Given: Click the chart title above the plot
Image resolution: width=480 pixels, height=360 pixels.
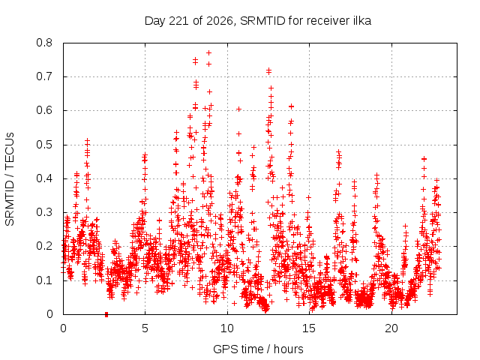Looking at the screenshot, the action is click(x=258, y=21).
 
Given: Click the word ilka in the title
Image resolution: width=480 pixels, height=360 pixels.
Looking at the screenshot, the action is click(x=362, y=20).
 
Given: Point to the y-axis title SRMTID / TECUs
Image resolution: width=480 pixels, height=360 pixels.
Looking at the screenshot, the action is click(x=10, y=179).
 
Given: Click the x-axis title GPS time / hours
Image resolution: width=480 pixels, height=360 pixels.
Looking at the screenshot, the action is click(x=258, y=349).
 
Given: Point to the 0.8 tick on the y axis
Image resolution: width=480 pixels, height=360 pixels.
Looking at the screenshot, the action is click(x=44, y=43).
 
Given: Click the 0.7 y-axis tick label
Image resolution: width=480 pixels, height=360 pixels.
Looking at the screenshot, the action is click(x=44, y=76).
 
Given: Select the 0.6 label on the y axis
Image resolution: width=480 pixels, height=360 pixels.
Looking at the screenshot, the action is click(x=44, y=110).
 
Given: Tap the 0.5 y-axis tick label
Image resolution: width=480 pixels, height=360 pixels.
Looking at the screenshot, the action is click(x=44, y=145).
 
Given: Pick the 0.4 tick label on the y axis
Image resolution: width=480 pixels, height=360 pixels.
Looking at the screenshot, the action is click(x=44, y=178).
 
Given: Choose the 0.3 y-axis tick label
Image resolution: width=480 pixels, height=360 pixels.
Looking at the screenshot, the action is click(x=44, y=212).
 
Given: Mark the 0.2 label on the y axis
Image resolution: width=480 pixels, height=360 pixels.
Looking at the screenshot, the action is click(x=44, y=246).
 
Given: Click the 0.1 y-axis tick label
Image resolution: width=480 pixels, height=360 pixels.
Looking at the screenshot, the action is click(x=44, y=280).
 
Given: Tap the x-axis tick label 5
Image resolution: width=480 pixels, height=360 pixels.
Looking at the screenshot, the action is click(x=145, y=328).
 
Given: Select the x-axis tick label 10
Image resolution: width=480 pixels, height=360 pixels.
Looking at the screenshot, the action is click(x=227, y=328).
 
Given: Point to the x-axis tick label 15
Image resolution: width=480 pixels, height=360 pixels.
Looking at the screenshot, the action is click(x=309, y=328).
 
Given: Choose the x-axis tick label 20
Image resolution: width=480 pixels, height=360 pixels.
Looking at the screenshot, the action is click(x=391, y=328).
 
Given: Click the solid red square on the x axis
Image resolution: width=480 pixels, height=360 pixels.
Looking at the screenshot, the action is click(x=106, y=314).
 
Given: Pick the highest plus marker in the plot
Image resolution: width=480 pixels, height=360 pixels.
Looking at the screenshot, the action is click(x=209, y=53).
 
